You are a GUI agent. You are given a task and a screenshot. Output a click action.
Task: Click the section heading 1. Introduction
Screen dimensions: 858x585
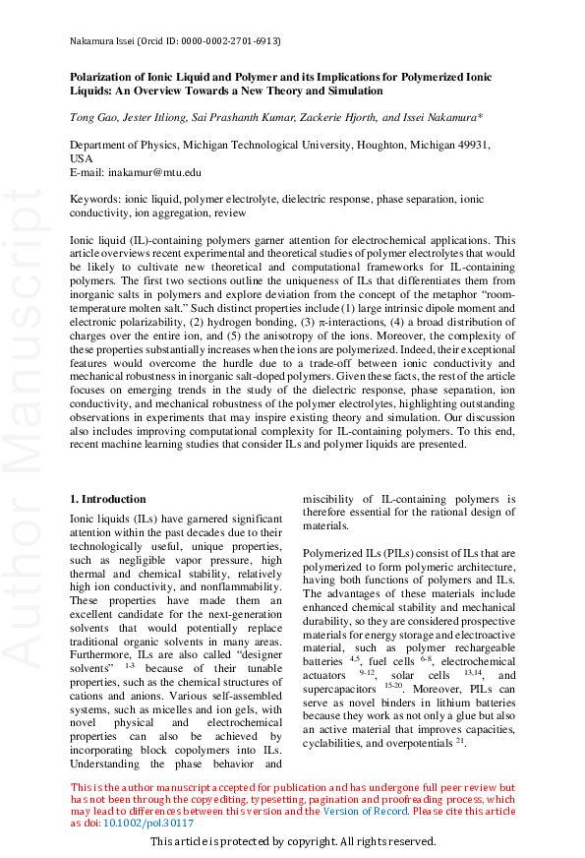(108, 500)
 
